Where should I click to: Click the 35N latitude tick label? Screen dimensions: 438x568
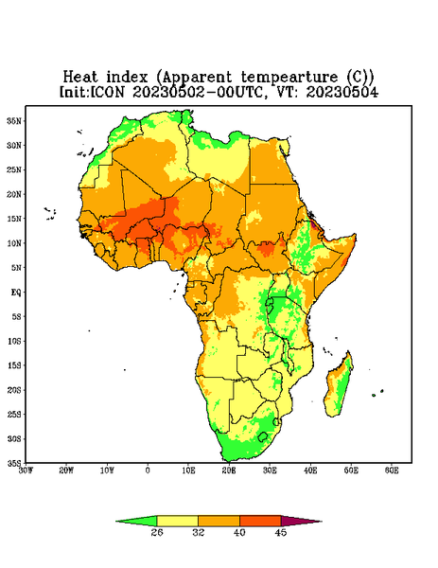coord(14,120)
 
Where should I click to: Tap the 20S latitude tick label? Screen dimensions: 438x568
coord(14,390)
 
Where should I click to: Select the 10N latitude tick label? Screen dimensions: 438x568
coord(14,243)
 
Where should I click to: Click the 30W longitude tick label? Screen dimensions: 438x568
coord(26,470)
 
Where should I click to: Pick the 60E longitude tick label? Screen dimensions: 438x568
coord(392,470)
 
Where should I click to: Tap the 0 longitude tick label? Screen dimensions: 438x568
coord(148,470)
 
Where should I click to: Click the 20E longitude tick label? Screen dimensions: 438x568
coord(229,470)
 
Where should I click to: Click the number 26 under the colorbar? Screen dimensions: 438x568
coord(157,532)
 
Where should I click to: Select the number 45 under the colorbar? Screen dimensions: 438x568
coord(281,532)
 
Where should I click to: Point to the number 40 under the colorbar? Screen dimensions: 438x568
coord(239,532)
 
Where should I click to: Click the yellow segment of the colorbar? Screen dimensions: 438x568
coord(177,521)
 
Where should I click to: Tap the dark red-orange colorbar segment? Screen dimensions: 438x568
coord(260,521)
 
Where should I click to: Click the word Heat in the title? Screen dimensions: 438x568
coord(80,78)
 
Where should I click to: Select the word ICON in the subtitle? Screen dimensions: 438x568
coord(107,92)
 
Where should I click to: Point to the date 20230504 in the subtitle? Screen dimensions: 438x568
coord(342,92)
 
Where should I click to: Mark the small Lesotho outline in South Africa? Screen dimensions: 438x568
coord(263,436)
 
